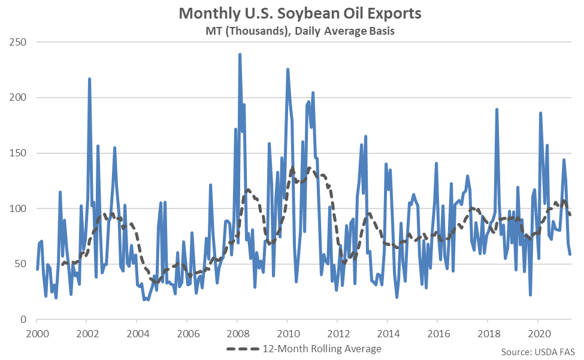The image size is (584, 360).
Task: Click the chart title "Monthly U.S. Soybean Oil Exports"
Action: tap(292, 13)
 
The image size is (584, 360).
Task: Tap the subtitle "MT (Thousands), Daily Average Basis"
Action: tap(292, 31)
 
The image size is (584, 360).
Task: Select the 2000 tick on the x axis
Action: tap(37, 332)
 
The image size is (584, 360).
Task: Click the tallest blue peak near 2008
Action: tap(240, 55)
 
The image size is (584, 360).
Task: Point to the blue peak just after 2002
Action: tap(89, 78)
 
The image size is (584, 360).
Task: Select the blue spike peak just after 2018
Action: tap(497, 110)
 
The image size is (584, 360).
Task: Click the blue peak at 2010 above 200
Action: tap(288, 69)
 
